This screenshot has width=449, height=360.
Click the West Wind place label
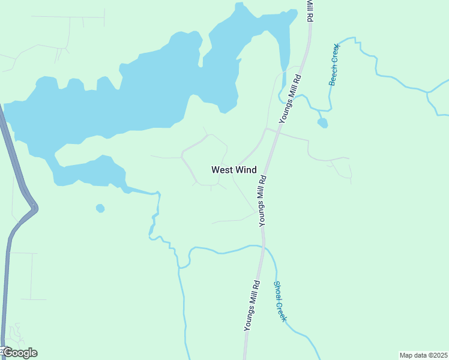click(234, 170)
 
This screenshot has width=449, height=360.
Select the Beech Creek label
click(334, 65)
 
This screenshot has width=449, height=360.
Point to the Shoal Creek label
click(280, 302)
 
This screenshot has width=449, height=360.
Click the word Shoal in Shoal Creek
click(277, 291)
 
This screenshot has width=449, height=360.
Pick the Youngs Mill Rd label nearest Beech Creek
click(290, 100)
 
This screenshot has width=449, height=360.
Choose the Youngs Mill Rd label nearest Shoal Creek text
click(252, 305)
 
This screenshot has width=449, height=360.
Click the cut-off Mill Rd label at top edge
click(310, 11)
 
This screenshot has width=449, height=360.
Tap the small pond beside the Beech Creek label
click(323, 123)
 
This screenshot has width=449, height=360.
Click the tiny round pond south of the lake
click(100, 208)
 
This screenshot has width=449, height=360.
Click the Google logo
click(20, 353)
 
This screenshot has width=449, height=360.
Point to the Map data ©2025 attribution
click(423, 355)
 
